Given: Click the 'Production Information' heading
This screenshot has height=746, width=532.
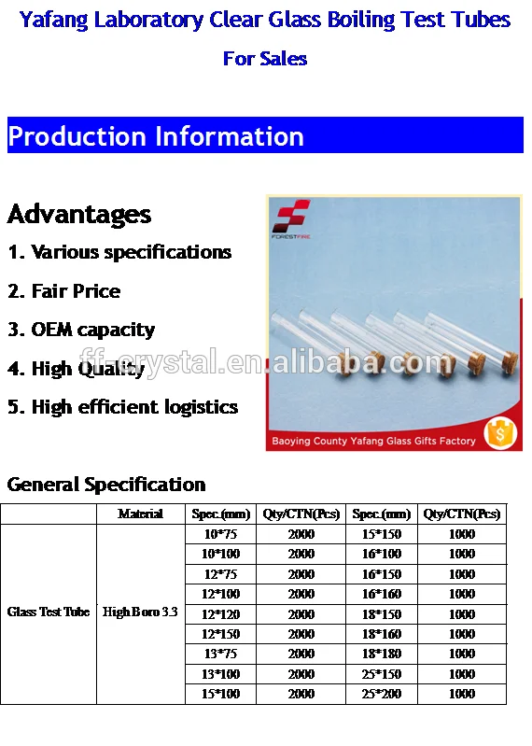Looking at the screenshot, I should pos(156,136).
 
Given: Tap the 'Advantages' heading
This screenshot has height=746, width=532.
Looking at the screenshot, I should pos(79,214).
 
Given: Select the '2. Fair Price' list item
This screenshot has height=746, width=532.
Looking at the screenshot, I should pos(64,291).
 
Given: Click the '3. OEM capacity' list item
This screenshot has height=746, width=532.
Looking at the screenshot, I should pos(81,330).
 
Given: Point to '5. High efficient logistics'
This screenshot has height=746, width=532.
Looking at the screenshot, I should pos(122,407).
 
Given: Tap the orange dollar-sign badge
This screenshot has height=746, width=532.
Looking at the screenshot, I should pos(501,432).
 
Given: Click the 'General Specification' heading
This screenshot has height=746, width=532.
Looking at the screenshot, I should pos(106,485).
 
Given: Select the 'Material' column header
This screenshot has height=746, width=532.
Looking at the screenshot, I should pos(141,514).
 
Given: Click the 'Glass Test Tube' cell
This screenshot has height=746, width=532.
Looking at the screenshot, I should pos(49,612).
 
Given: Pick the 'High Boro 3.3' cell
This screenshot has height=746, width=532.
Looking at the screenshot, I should pos(141,612).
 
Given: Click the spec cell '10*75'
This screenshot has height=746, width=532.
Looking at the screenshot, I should pos(220,534).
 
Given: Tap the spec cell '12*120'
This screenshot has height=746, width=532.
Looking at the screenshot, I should pos(220,614).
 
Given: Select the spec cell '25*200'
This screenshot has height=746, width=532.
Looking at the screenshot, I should pos(382,694).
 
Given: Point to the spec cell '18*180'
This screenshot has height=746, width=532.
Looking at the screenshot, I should pos(382,654).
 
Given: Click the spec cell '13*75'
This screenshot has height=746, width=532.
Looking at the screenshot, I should pos(220,654).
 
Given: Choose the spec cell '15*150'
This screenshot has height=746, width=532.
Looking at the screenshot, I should pos(382,534).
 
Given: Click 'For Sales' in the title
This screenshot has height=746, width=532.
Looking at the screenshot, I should pos(265,59).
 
